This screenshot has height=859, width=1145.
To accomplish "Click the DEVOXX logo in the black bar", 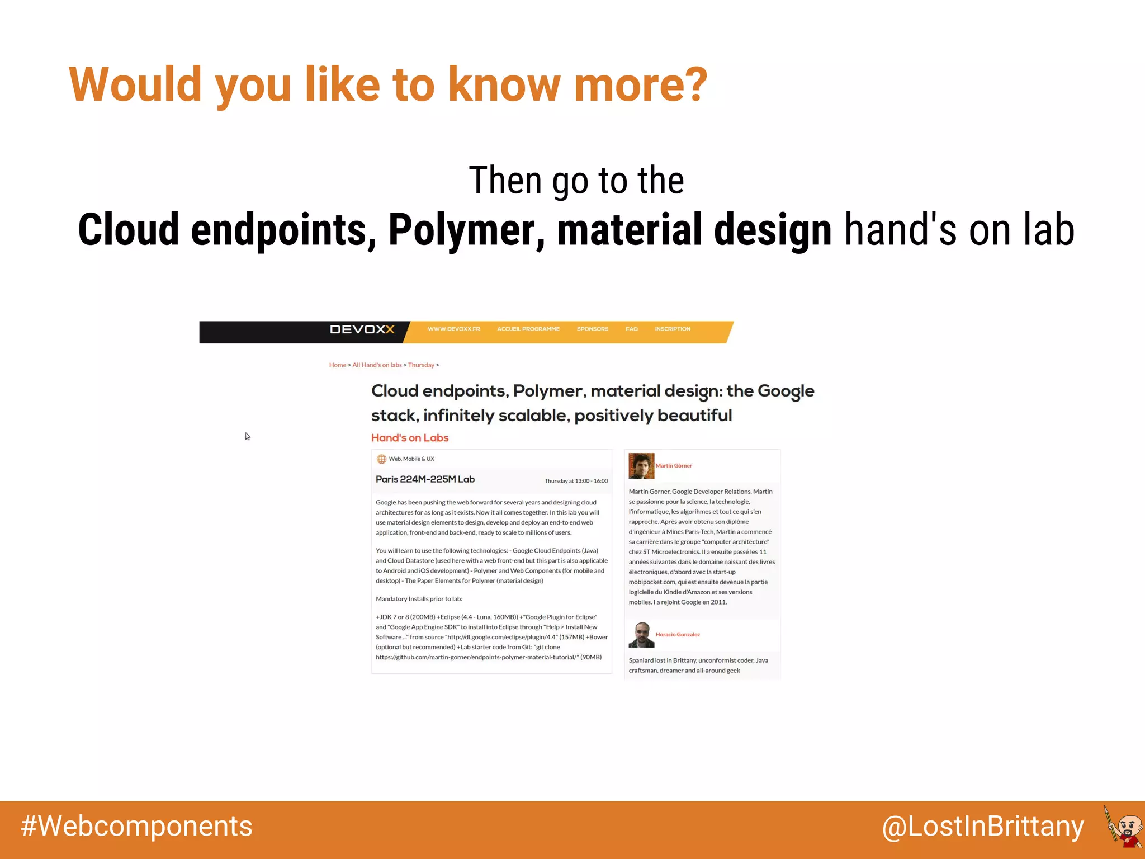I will coord(362,329).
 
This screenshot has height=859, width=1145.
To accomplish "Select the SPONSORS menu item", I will coord(592,329).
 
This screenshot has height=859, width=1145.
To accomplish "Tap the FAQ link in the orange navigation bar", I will coord(631,329).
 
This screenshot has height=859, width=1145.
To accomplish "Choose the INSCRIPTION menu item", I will coord(672,329).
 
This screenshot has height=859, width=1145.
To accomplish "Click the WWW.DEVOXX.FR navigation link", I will coord(453,329).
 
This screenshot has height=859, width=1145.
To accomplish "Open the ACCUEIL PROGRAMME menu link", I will coord(528,329).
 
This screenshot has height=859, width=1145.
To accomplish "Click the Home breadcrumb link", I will coord(337,365).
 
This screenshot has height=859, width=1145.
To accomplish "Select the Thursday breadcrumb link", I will coord(421,365).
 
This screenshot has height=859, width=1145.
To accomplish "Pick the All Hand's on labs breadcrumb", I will coord(377,365).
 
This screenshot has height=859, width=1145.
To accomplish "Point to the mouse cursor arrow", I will coord(247,436).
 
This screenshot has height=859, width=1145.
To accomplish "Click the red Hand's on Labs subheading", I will coord(409,438).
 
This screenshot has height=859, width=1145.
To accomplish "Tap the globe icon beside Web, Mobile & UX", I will coord(381,459).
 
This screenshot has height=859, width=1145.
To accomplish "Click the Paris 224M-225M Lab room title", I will coord(425,479).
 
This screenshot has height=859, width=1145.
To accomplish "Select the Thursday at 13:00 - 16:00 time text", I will coord(576,481).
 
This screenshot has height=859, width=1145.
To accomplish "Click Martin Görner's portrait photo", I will coord(641,466).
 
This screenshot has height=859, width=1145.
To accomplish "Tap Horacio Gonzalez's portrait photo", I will coord(641,635).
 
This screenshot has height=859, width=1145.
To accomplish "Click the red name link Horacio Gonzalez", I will coord(677,635).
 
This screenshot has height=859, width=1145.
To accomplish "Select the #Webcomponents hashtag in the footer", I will coord(136,827).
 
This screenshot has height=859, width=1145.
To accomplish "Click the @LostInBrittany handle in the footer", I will coord(982,827).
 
